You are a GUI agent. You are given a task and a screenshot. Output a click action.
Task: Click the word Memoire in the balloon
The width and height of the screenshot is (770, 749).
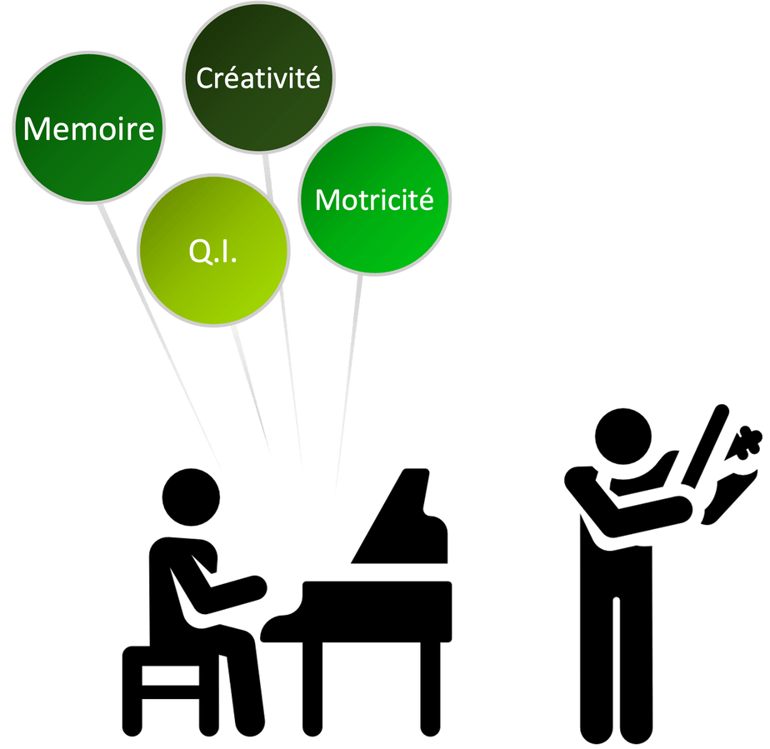(89, 129)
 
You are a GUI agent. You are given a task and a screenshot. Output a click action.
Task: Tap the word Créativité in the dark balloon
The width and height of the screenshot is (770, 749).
(257, 78)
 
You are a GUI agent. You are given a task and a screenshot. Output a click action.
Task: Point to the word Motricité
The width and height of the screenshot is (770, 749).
(374, 200)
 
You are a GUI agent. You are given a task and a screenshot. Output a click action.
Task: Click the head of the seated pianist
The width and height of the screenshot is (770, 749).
(191, 498)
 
